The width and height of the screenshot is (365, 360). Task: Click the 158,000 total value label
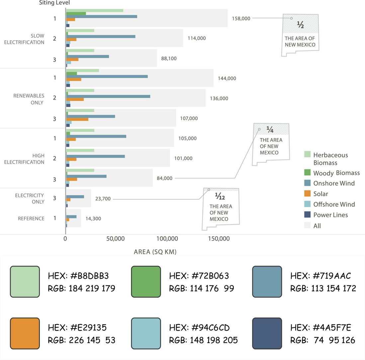pyautogui.click(x=241, y=19)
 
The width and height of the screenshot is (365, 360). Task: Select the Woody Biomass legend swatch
pyautogui.click(x=307, y=173)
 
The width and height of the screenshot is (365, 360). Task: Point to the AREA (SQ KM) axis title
pyautogui.click(x=155, y=252)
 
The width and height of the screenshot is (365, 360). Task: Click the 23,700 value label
pyautogui.click(x=103, y=199)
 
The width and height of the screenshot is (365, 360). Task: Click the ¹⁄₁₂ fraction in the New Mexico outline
pyautogui.click(x=220, y=197)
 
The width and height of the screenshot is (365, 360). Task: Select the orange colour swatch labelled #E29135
pyautogui.click(x=25, y=333)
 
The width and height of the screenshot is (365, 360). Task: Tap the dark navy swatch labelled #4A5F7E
pyautogui.click(x=267, y=333)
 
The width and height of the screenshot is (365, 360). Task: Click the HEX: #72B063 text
pyautogui.click(x=199, y=276)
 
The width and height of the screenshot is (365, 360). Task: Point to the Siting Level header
pyautogui.click(x=54, y=3)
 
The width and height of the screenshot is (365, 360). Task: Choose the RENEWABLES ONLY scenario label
pyautogui.click(x=29, y=99)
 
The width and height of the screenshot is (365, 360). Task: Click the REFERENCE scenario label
pyautogui.click(x=31, y=219)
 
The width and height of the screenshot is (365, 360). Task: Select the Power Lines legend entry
pyautogui.click(x=330, y=215)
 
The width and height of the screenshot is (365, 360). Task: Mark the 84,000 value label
pyautogui.click(x=165, y=179)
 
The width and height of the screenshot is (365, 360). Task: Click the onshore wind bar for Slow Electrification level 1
pyautogui.click(x=102, y=16)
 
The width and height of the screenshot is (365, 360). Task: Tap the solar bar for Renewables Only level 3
pyautogui.click(x=77, y=119)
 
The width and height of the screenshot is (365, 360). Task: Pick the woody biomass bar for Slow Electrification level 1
pyautogui.click(x=76, y=14)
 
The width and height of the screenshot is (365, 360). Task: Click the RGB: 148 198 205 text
pyautogui.click(x=203, y=340)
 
